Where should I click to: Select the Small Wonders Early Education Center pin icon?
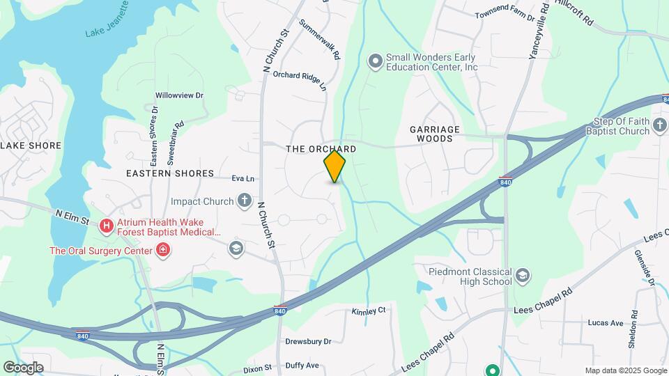click(x=376, y=61)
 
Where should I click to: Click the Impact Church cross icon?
click(x=244, y=202)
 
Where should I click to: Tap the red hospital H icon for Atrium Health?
click(x=106, y=225)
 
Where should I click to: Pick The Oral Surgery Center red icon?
click(x=163, y=250)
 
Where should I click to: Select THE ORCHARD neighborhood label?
click(x=321, y=149)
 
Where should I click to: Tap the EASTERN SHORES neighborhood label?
click(x=170, y=173)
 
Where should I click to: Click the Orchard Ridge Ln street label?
click(x=300, y=79)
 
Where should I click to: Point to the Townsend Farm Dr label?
click(x=505, y=15)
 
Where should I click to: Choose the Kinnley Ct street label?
click(x=369, y=311)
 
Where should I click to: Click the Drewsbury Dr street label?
click(x=307, y=341)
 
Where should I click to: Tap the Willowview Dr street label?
click(x=179, y=95)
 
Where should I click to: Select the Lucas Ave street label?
click(x=606, y=323)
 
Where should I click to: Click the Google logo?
click(x=23, y=367)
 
